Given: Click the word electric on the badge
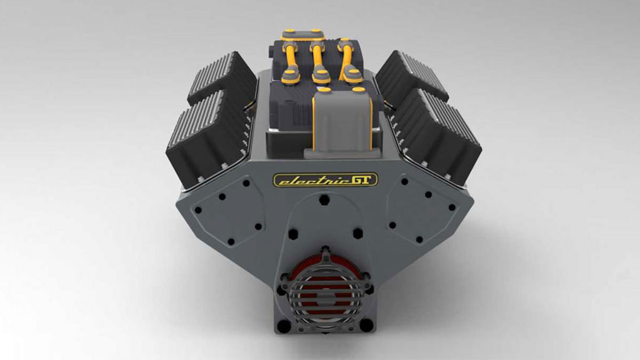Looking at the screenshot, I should (304, 181).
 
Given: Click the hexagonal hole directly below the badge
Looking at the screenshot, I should (324, 200).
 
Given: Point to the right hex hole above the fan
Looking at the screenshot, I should (357, 233).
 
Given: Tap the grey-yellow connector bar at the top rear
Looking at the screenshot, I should (301, 34).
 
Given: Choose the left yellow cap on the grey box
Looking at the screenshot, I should (323, 91).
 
